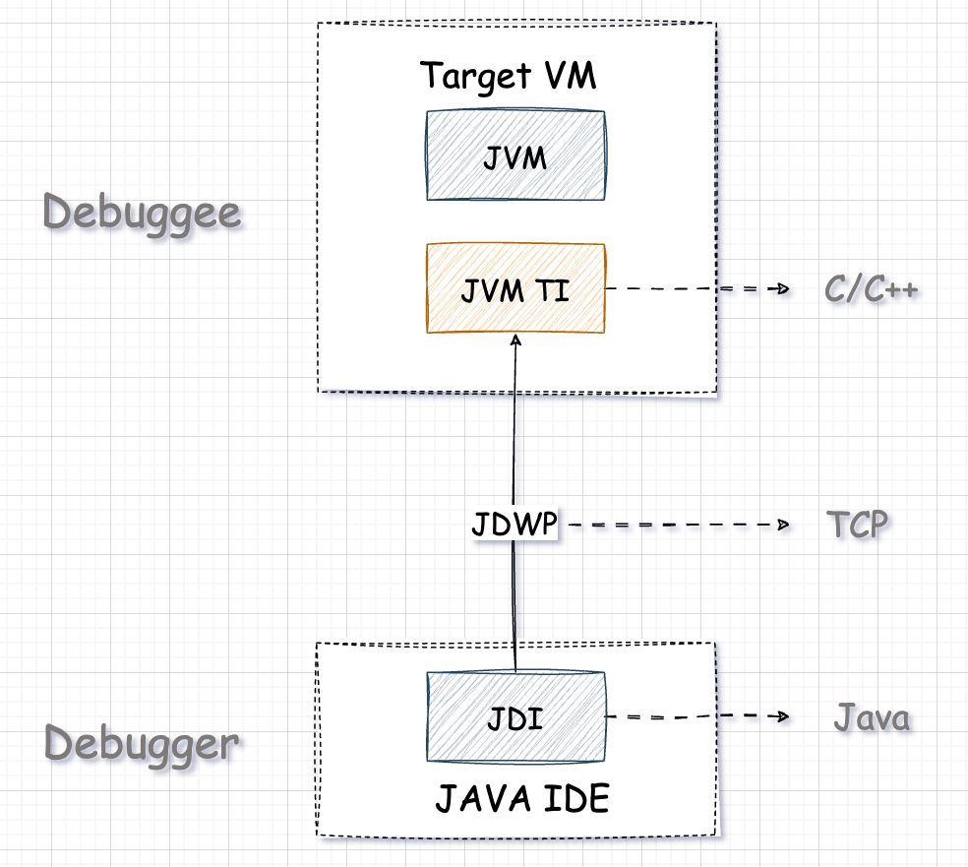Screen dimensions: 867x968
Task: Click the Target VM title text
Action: pyautogui.click(x=508, y=76)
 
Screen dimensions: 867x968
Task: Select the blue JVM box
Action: pyautogui.click(x=514, y=155)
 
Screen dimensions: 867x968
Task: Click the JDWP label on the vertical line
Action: pyautogui.click(x=514, y=525)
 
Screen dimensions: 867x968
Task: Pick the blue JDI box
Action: pyautogui.click(x=514, y=718)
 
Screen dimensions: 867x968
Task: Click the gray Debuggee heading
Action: pyautogui.click(x=143, y=213)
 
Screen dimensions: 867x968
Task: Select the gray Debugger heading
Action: pyautogui.click(x=142, y=744)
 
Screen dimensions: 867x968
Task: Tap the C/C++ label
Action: pyautogui.click(x=873, y=290)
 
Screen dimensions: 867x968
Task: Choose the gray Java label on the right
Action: pyautogui.click(x=872, y=718)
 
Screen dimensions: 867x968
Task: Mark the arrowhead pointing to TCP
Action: pyautogui.click(x=785, y=526)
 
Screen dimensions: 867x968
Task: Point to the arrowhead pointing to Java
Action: pyautogui.click(x=785, y=717)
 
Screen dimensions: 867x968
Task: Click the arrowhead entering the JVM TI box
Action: pyautogui.click(x=514, y=340)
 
